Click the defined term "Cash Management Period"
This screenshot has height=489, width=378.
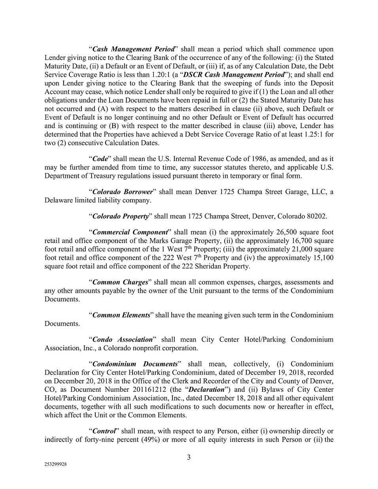click(x=133, y=49)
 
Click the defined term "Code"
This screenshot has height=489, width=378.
click(x=100, y=159)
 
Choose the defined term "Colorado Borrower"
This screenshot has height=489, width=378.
click(x=122, y=192)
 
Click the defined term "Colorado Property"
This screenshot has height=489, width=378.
click(x=121, y=216)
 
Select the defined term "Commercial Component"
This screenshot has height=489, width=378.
click(x=130, y=232)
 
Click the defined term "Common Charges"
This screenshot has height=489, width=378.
click(x=120, y=282)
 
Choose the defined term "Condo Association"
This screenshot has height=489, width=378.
click(x=122, y=340)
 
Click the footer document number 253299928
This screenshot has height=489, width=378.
click(x=55, y=465)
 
